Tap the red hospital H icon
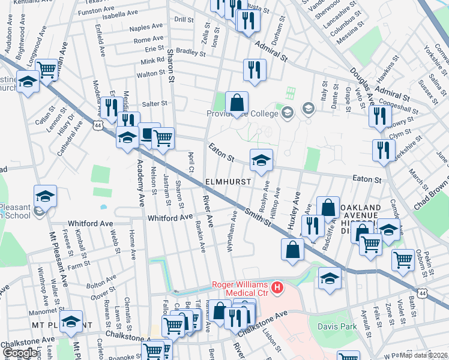click(x=277, y=289)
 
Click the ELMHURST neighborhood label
click(x=227, y=181)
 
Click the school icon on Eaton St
click(x=261, y=160)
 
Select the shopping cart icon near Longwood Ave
click(x=46, y=70)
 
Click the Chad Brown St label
click(x=430, y=191)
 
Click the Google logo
click(x=19, y=353)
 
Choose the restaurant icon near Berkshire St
click(x=383, y=150)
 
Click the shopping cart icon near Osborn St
click(x=402, y=259)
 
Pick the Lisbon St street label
click(x=271, y=338)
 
